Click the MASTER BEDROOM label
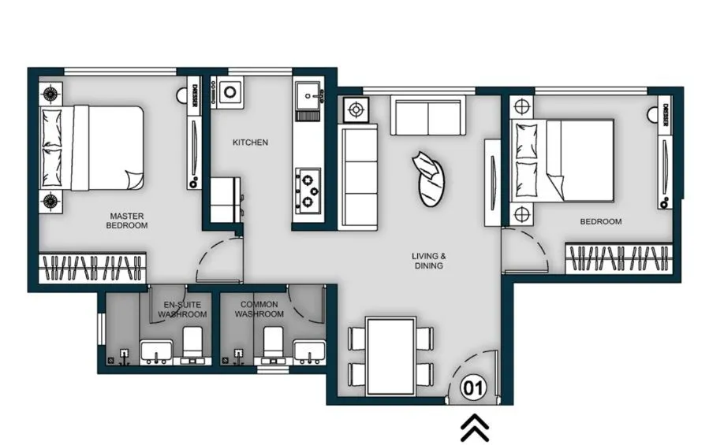coord(127,221)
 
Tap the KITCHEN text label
coord(250,143)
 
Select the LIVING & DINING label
coord(429,261)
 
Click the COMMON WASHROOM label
coord(259,310)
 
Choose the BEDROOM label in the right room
coord(600,221)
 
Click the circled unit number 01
coord(472,387)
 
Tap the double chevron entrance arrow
coord(474,428)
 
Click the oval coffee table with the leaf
coord(430,179)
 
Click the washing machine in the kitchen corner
coord(230,93)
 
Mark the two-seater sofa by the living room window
coord(428,117)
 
